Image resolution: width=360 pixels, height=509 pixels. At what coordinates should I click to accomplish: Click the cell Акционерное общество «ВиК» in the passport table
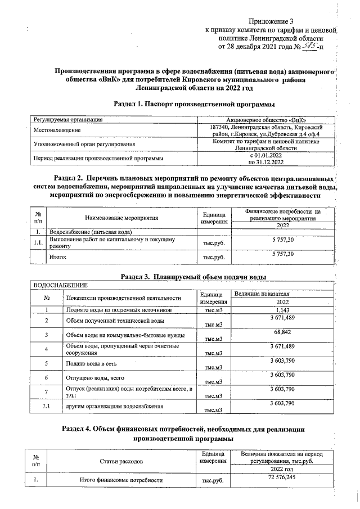point(266,120)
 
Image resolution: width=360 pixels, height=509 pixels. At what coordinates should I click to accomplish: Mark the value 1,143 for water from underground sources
point(290,309)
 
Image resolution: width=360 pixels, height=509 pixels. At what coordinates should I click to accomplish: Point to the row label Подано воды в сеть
point(92,364)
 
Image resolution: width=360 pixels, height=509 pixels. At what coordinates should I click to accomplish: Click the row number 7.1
point(47,406)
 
